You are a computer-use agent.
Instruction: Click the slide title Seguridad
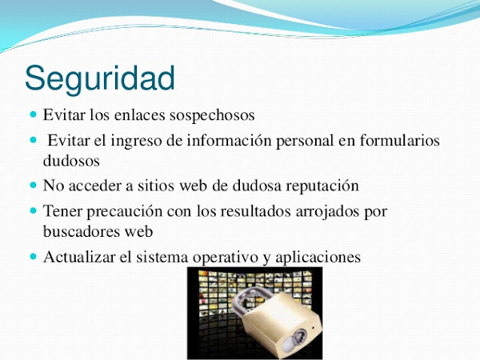(100, 79)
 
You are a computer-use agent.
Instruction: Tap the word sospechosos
(212, 116)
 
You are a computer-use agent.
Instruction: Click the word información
(230, 141)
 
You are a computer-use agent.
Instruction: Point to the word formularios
(399, 141)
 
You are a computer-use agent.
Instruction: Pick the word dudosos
(71, 161)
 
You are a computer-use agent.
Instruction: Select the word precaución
(124, 211)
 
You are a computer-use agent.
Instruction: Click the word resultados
(255, 211)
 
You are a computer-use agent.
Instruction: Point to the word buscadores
(82, 231)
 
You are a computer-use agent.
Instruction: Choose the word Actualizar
(79, 257)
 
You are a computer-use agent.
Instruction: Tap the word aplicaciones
(318, 258)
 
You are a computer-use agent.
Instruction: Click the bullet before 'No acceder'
(34, 185)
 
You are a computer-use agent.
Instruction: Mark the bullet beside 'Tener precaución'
(34, 210)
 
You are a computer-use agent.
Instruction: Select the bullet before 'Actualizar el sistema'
(34, 256)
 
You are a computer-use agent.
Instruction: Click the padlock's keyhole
(298, 338)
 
